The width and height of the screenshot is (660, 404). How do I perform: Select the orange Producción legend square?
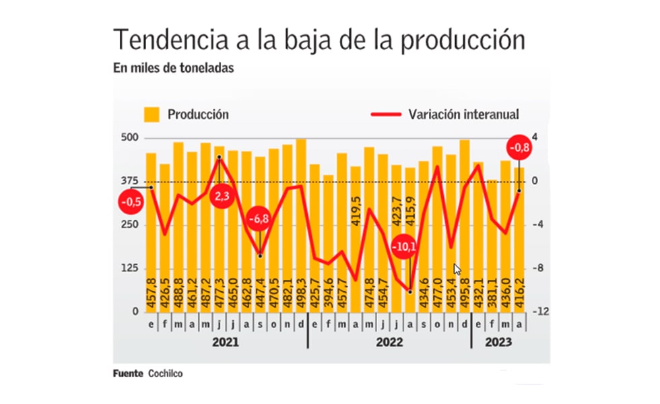tap(152, 114)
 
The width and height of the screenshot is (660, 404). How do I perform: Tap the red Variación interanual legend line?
tap(387, 114)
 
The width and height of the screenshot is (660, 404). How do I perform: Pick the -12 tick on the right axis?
tap(539, 312)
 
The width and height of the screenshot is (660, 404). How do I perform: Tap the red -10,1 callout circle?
tap(405, 246)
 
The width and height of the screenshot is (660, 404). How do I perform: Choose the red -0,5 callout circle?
tap(130, 201)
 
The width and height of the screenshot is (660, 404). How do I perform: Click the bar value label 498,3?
tap(301, 294)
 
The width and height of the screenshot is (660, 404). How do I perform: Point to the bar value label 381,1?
tap(492, 294)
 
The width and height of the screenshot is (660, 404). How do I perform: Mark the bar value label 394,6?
tap(328, 294)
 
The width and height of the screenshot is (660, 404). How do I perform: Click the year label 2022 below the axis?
tap(389, 342)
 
